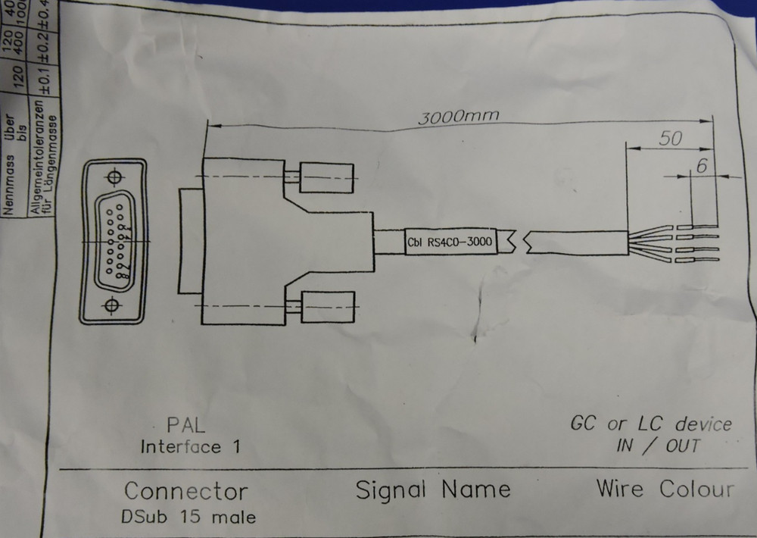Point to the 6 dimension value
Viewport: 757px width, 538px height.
[x=702, y=166]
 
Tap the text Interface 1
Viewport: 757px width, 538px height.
[x=191, y=446]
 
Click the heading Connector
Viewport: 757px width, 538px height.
[x=185, y=491]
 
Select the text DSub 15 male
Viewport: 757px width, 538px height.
[x=188, y=518]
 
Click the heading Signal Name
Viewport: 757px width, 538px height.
[x=433, y=490]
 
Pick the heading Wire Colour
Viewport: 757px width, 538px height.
[x=664, y=489]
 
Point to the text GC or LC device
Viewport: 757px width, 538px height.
[x=651, y=424]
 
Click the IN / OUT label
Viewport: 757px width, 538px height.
[x=658, y=446]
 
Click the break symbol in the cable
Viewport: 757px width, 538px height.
[x=520, y=242]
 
